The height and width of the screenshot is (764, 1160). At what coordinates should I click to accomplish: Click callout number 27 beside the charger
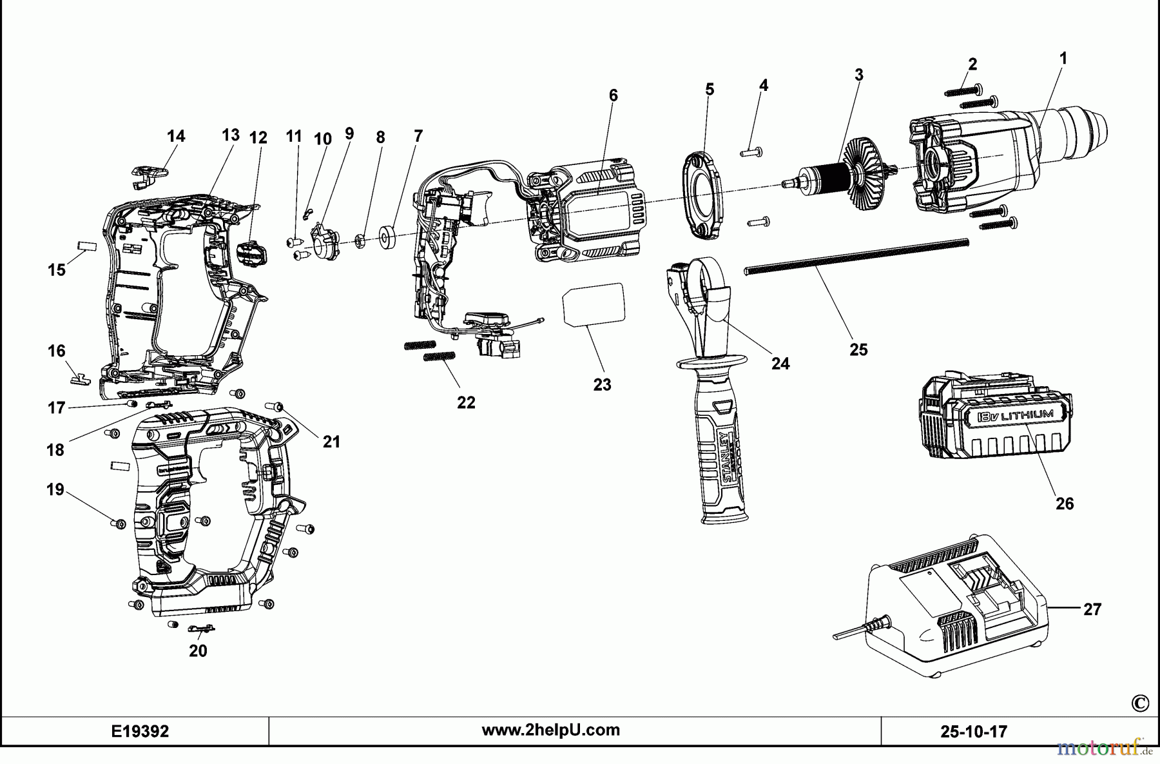[1092, 609]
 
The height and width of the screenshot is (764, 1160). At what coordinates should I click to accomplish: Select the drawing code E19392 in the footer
[140, 731]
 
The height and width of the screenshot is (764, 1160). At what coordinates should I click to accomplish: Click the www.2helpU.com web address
[551, 730]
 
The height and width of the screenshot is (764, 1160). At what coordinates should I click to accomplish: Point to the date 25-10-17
[973, 732]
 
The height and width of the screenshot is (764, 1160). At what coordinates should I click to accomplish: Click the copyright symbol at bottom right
[1139, 703]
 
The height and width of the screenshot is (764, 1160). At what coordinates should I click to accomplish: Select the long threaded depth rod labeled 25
[857, 257]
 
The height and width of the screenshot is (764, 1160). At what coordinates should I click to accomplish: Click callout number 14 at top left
[176, 136]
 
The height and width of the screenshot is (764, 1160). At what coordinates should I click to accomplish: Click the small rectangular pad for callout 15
[86, 246]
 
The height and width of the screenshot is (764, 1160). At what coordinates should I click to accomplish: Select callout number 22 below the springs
[466, 402]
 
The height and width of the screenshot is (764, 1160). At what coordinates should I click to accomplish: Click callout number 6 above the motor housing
[613, 95]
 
